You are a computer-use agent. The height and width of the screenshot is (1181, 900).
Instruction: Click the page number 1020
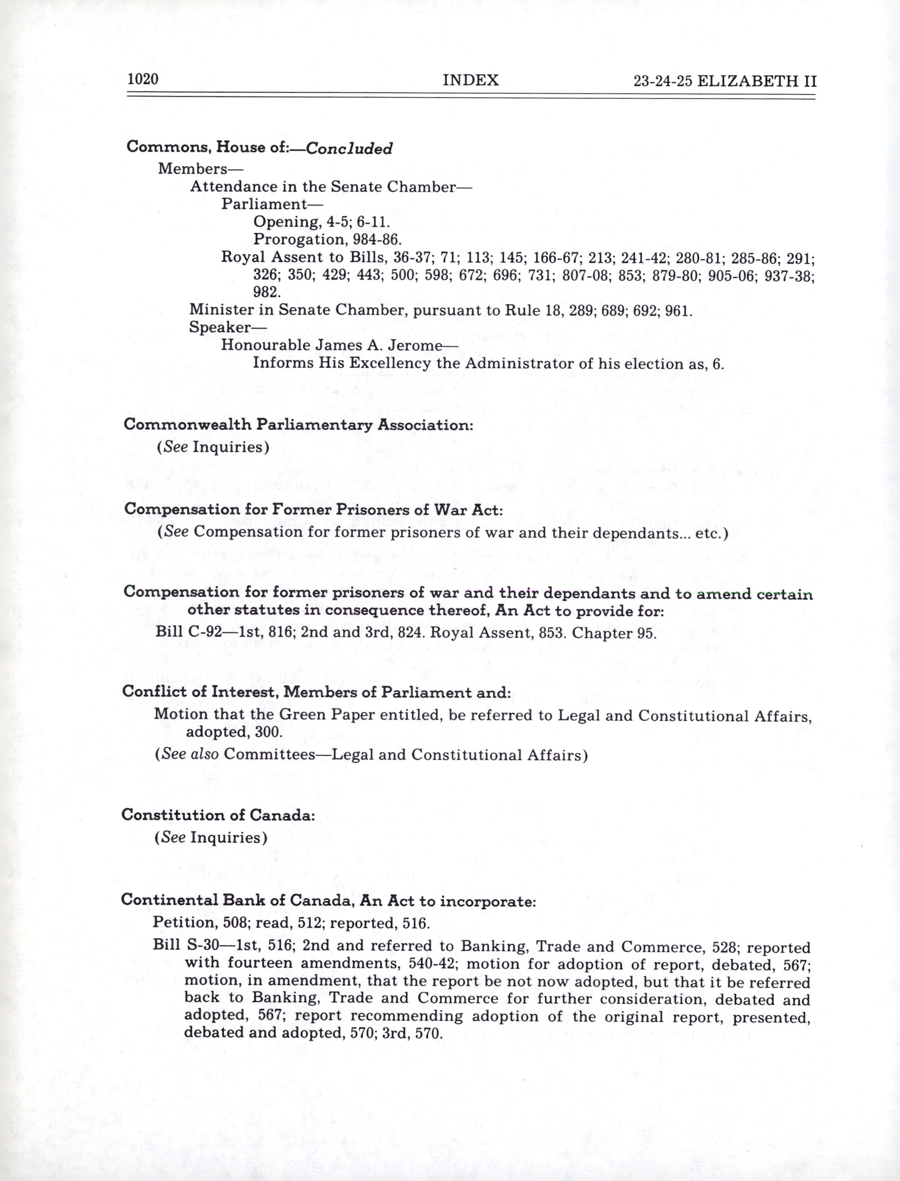[x=143, y=79]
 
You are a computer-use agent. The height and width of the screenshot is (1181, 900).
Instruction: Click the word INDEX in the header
[x=470, y=81]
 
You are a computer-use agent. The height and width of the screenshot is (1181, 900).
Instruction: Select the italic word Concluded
[x=349, y=148]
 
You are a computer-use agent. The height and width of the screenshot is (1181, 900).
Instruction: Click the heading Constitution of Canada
[x=218, y=815]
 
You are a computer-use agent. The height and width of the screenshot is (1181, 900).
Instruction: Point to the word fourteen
[x=260, y=963]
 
